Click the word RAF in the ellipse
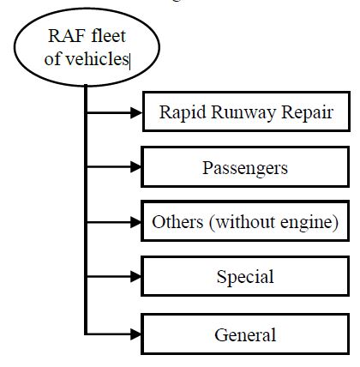(x=67, y=36)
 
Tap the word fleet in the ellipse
(x=109, y=35)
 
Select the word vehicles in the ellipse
(x=97, y=58)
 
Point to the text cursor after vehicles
(x=130, y=61)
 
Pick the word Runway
(x=243, y=112)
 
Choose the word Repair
(x=307, y=112)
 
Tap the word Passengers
(x=245, y=168)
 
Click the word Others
(x=177, y=222)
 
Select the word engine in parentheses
(x=306, y=223)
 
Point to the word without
(x=246, y=222)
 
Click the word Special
(x=245, y=277)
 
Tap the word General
(x=245, y=334)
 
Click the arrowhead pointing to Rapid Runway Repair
(x=136, y=112)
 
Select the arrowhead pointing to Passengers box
(x=135, y=166)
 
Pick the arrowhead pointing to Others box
(x=135, y=222)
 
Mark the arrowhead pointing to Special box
(x=135, y=277)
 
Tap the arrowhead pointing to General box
(x=135, y=334)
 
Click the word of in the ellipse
(x=52, y=58)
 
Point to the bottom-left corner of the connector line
(x=85, y=334)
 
